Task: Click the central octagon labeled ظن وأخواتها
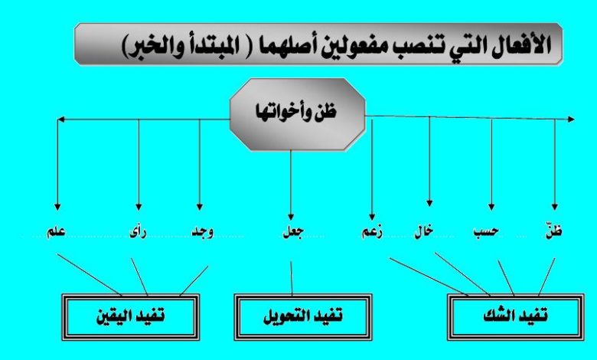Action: [298, 114]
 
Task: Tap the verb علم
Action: [56, 232]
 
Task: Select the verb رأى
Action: [138, 232]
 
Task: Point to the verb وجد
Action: [202, 232]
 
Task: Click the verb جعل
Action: [293, 232]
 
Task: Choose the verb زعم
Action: [372, 232]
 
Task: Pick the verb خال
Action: [424, 232]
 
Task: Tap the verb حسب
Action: [486, 232]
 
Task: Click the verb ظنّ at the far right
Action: [554, 231]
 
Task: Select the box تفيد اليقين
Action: [131, 316]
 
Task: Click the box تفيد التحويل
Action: [303, 316]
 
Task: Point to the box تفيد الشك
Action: [516, 316]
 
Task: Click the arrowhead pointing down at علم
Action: [57, 207]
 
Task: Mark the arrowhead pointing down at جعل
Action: [291, 216]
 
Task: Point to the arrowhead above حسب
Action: [491, 207]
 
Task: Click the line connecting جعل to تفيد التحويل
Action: [292, 278]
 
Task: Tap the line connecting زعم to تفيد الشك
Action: [429, 277]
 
